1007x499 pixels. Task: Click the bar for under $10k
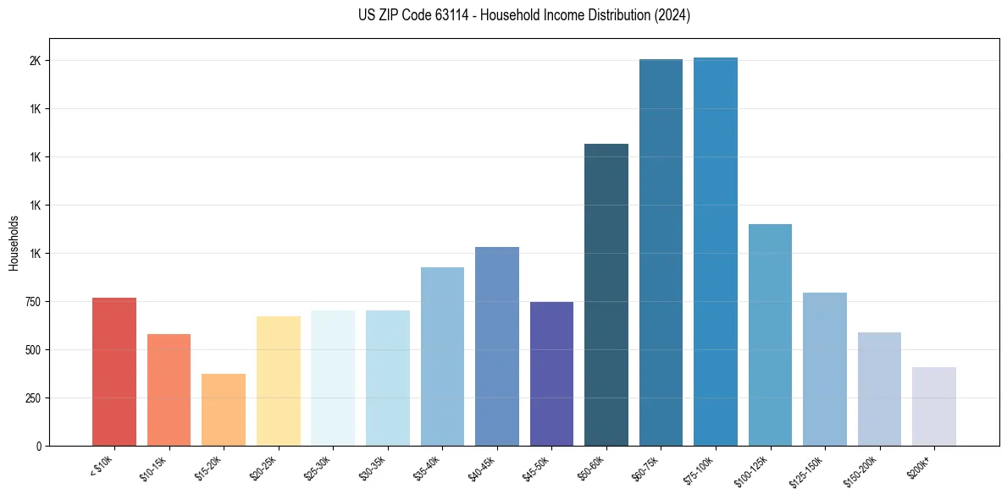[114, 372]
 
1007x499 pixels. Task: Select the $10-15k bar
[169, 390]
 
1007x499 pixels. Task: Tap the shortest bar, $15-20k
[224, 410]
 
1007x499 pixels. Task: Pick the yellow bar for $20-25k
[278, 381]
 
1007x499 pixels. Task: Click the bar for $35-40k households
[442, 356]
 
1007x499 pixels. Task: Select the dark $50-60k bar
[606, 295]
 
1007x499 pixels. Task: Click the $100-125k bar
[770, 335]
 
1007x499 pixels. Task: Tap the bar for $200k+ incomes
[934, 407]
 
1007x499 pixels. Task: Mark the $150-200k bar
[879, 389]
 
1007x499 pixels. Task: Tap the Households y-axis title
[14, 243]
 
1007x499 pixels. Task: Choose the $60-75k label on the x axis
[649, 467]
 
